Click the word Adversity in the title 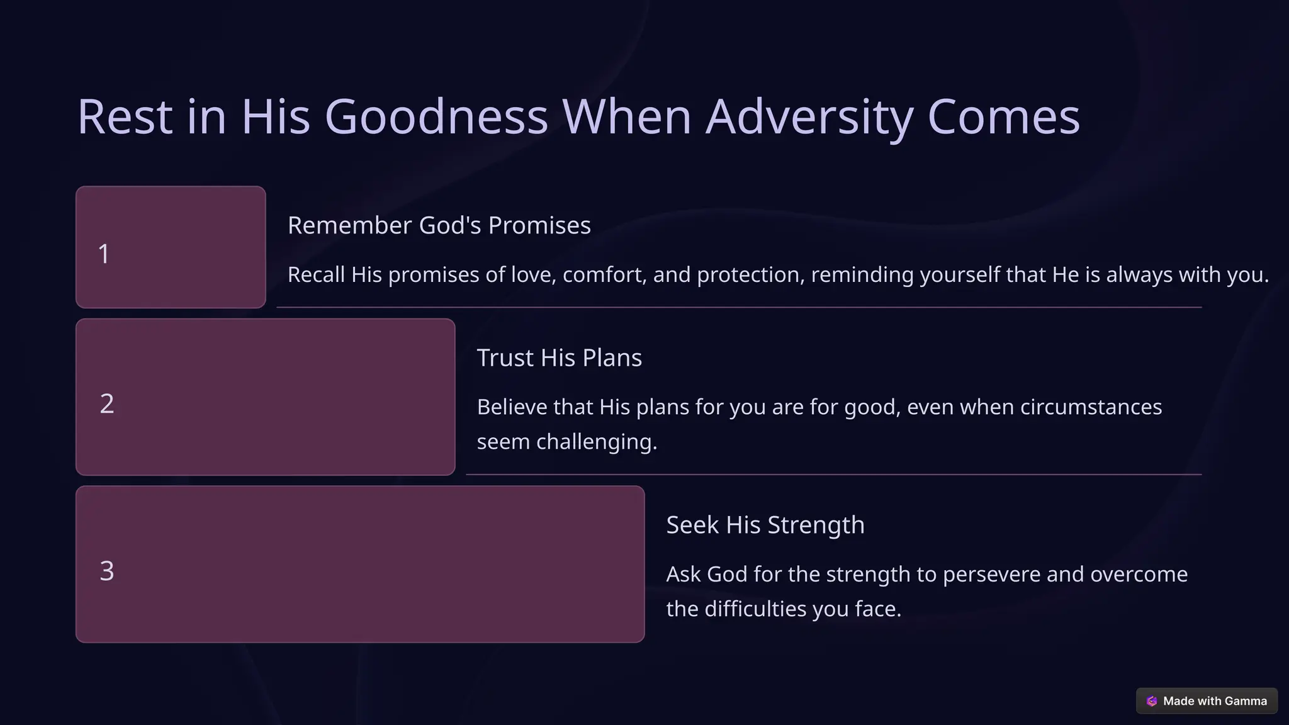(809, 117)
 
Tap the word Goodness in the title (436, 117)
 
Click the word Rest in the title (125, 117)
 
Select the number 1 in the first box (104, 254)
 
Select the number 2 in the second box (107, 404)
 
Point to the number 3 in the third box (107, 571)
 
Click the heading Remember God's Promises (439, 225)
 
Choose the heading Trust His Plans (559, 357)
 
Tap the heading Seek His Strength (765, 525)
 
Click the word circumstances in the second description (1091, 407)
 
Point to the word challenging (597, 442)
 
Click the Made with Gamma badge (1206, 701)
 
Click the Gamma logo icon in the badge (1152, 701)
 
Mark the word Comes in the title (1003, 117)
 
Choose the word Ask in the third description (683, 575)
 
